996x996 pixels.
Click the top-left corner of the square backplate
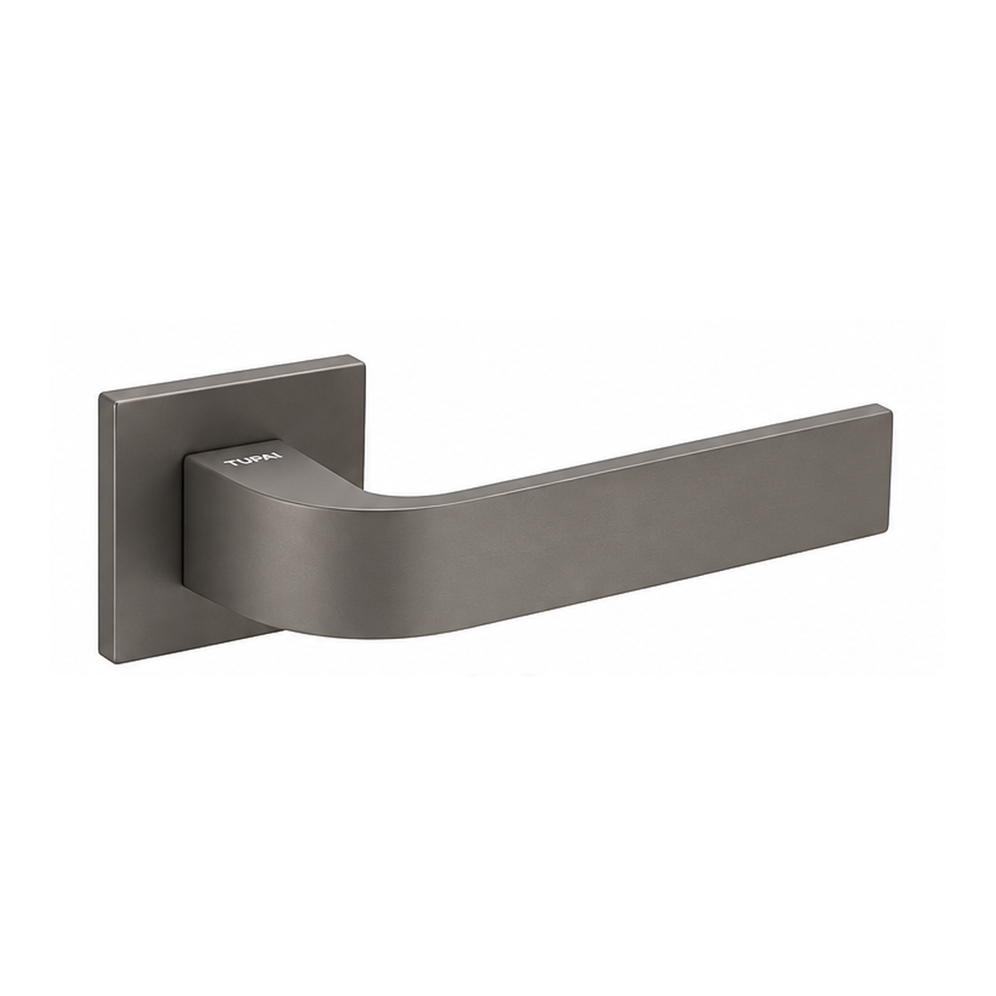click(100, 394)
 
